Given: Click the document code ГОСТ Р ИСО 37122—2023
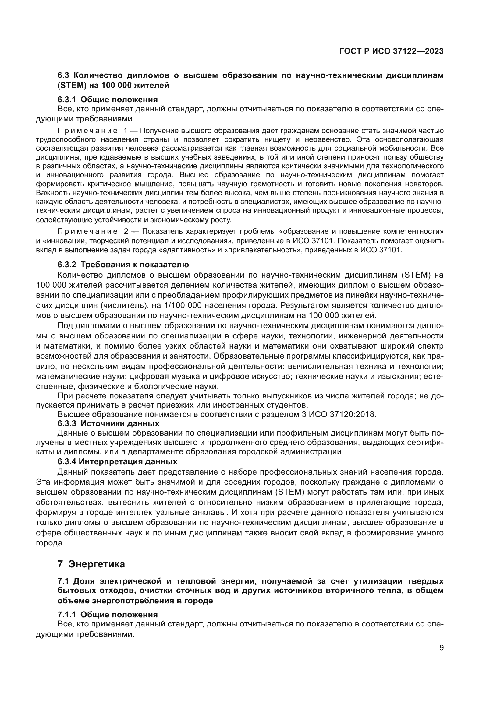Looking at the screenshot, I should click(x=391, y=51).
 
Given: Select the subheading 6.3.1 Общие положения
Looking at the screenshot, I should click(x=107, y=100).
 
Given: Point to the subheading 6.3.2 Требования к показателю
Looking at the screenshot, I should click(x=123, y=265).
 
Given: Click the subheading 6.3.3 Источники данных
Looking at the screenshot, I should click(x=108, y=423).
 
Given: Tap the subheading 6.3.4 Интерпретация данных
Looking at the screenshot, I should click(x=117, y=461).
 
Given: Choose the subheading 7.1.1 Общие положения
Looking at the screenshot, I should click(x=107, y=615).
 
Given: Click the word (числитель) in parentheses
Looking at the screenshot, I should click(x=124, y=305).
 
